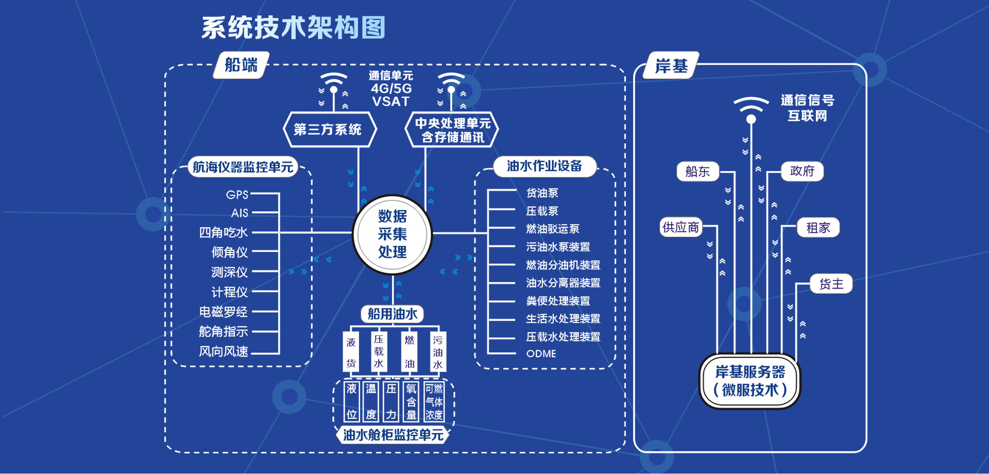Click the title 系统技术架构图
(293, 28)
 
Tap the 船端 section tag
(241, 65)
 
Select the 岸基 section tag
(671, 66)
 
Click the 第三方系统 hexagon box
(328, 129)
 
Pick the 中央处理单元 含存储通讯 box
(452, 130)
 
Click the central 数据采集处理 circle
(392, 234)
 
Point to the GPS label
(237, 195)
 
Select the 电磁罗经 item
(224, 312)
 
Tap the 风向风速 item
(224, 351)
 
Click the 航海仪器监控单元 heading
(243, 167)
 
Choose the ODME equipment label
(541, 353)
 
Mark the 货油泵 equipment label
(542, 193)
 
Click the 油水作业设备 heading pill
(544, 166)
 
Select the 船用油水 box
(392, 314)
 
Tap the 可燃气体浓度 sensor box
(434, 402)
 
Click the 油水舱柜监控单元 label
(393, 435)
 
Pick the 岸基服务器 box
(750, 381)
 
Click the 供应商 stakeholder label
(680, 227)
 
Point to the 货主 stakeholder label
(831, 284)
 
